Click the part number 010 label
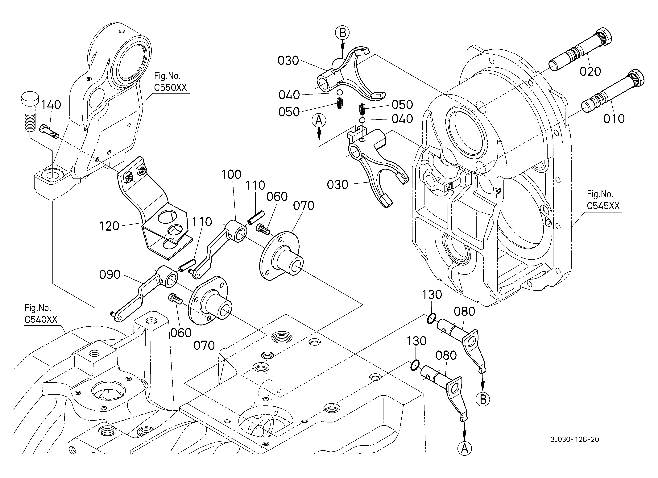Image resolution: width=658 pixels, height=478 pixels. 614,119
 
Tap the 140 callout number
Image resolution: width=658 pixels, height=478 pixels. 51,105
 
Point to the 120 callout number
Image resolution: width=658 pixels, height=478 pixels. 109,226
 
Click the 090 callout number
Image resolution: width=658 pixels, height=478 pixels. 110,275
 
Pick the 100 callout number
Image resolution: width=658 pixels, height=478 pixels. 231,175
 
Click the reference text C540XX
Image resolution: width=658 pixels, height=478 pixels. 41,320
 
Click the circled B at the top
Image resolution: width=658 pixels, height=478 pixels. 343,33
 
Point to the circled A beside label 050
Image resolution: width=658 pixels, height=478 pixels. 319,120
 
